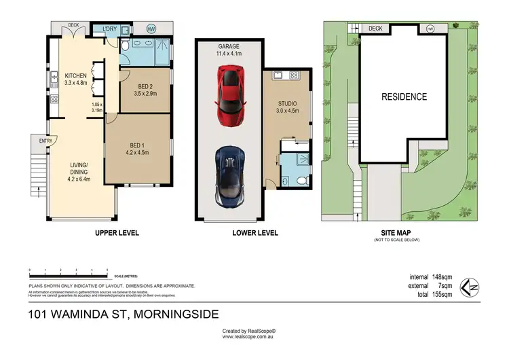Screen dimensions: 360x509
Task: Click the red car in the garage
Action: (x=230, y=94)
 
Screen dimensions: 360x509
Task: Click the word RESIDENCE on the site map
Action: (x=403, y=96)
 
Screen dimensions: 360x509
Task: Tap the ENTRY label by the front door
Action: (x=45, y=141)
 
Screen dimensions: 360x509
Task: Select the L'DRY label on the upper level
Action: (x=110, y=29)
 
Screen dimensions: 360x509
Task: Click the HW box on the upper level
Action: (x=151, y=29)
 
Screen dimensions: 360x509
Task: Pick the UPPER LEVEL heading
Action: (x=116, y=233)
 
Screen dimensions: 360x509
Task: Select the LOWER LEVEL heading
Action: (x=255, y=233)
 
